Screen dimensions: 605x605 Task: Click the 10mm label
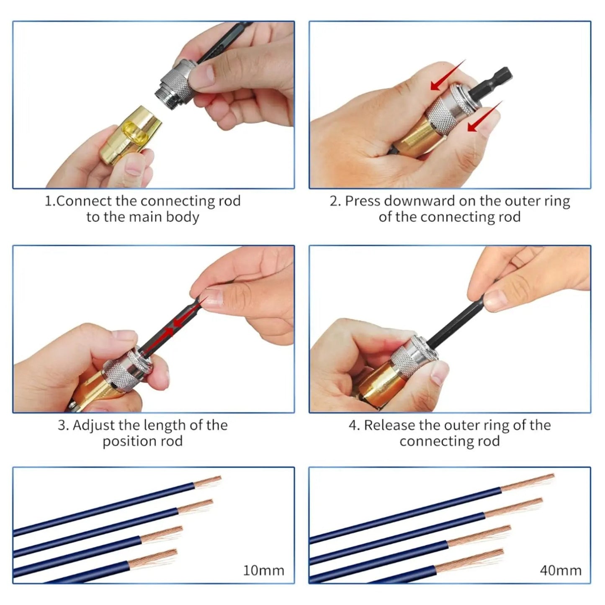[263, 570]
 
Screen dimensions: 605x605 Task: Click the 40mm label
[560, 570]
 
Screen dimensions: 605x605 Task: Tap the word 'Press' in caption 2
[363, 201]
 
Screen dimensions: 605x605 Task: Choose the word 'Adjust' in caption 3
[94, 425]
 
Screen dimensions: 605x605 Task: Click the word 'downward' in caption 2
[419, 201]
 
